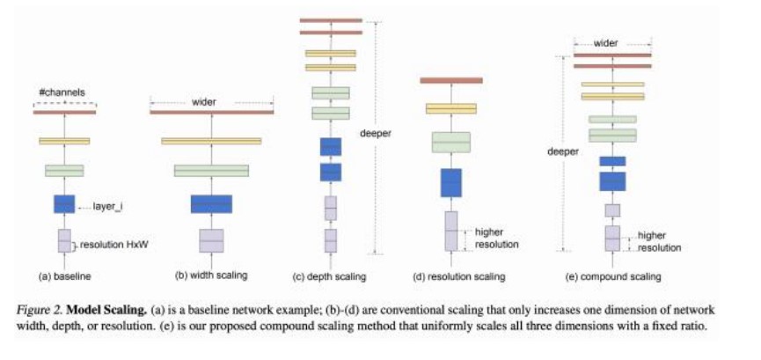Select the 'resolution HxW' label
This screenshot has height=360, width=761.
click(x=111, y=241)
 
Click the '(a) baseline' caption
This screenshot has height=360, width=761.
click(x=65, y=276)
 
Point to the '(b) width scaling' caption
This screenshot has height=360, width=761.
click(x=211, y=276)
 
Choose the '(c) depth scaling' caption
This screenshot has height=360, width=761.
click(x=330, y=277)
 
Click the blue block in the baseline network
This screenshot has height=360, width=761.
click(x=64, y=204)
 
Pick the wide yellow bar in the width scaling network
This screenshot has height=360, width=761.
click(x=211, y=141)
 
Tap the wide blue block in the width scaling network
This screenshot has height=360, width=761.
click(x=211, y=204)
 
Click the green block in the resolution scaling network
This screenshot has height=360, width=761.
click(x=451, y=143)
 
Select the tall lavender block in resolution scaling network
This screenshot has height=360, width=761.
click(x=451, y=231)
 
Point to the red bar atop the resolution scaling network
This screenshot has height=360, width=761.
click(x=451, y=81)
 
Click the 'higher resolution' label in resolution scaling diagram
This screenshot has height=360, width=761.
click(x=495, y=238)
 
